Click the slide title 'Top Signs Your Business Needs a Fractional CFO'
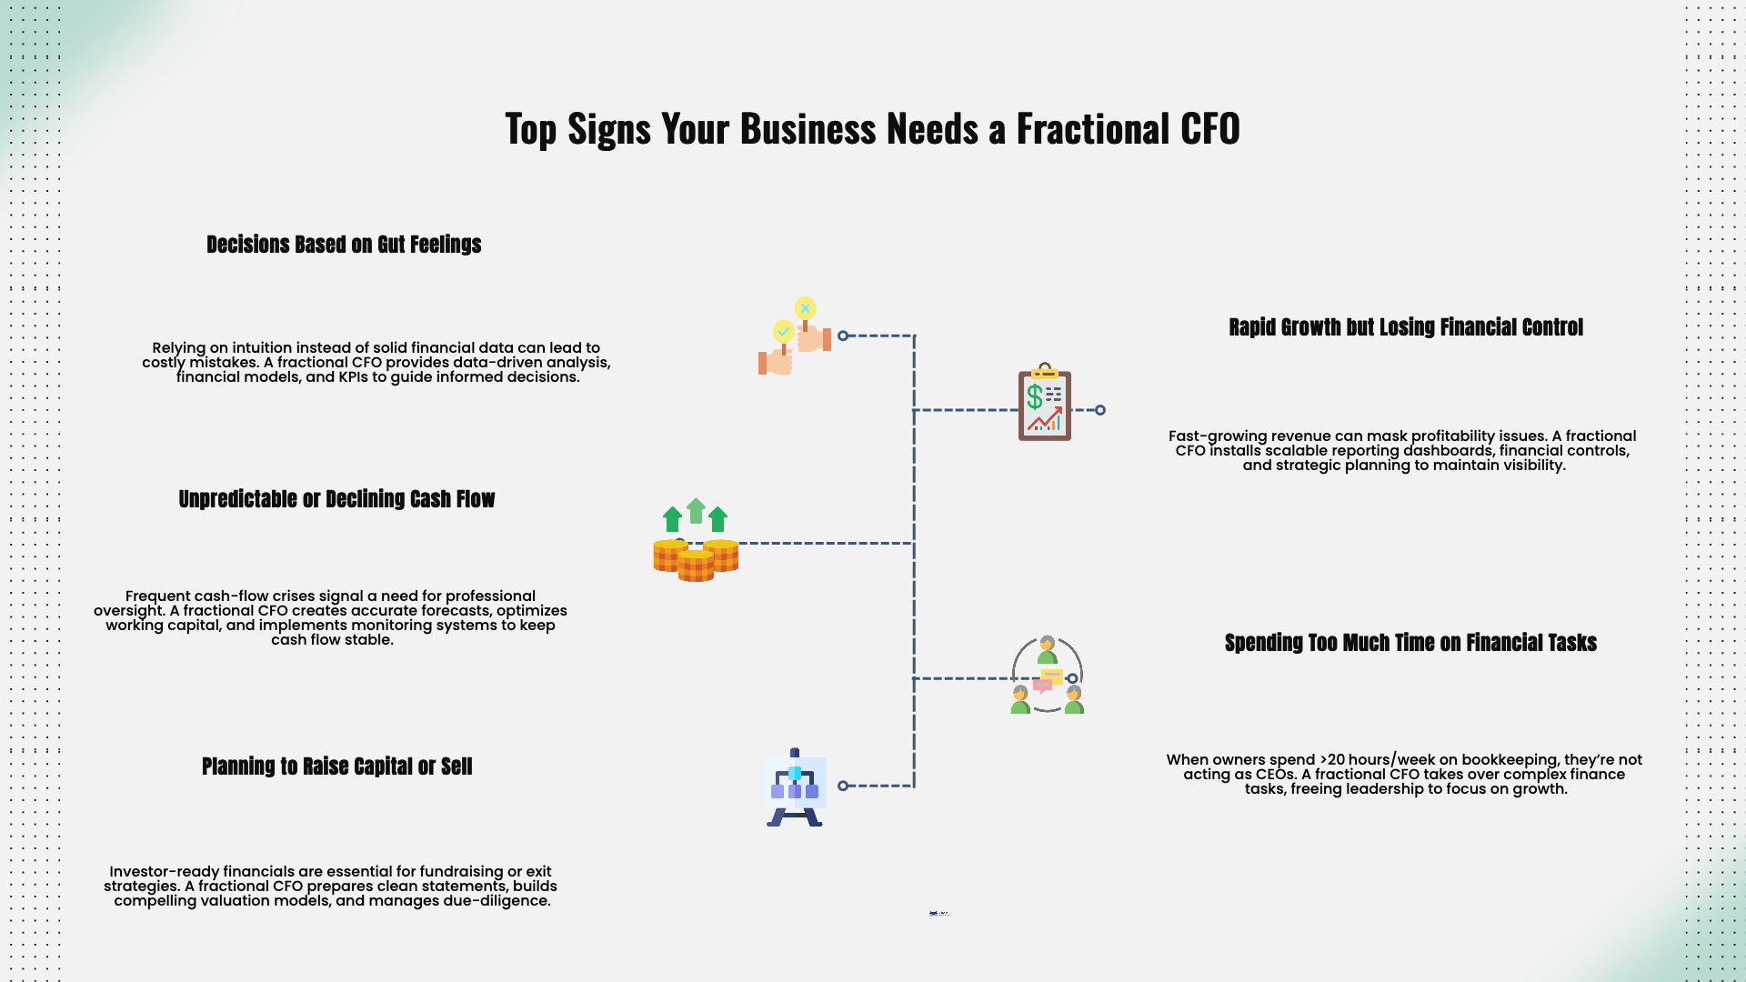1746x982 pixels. (x=872, y=128)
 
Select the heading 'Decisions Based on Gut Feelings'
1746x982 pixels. (x=344, y=245)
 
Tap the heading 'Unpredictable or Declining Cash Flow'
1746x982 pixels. (x=336, y=499)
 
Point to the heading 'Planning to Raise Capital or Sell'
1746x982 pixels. (x=336, y=767)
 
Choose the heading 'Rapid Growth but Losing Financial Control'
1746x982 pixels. (x=1405, y=327)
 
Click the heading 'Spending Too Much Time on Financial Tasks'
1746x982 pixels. (x=1410, y=643)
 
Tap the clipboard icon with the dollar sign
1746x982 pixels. (x=1045, y=403)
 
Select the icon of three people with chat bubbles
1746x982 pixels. (x=1047, y=676)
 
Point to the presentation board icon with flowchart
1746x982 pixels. (x=795, y=787)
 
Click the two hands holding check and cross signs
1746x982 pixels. (x=794, y=338)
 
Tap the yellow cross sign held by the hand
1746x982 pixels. (x=805, y=309)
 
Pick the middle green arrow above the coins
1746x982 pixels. (x=696, y=511)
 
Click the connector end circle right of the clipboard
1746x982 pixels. (x=1100, y=410)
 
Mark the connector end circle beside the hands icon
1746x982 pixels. (x=843, y=336)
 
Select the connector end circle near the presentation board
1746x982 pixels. (x=843, y=786)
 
